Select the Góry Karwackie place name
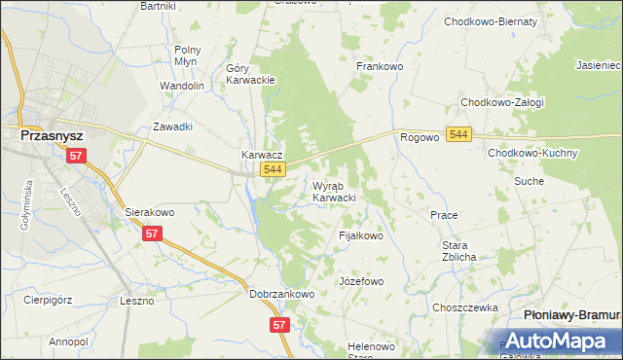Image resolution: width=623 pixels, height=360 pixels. pos(251,74)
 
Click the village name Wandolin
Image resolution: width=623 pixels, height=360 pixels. pos(181,86)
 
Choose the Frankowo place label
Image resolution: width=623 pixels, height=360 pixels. pos(380,66)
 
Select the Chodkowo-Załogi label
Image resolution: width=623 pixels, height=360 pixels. pos(502,102)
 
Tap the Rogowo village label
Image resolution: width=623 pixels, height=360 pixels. pos(420,138)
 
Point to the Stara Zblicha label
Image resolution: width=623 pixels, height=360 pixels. pos(458,250)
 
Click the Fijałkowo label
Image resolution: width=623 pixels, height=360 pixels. pos(360,235)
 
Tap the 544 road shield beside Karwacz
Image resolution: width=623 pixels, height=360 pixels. pos(274,170)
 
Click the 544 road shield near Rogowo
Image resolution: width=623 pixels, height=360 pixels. pos(460,134)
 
